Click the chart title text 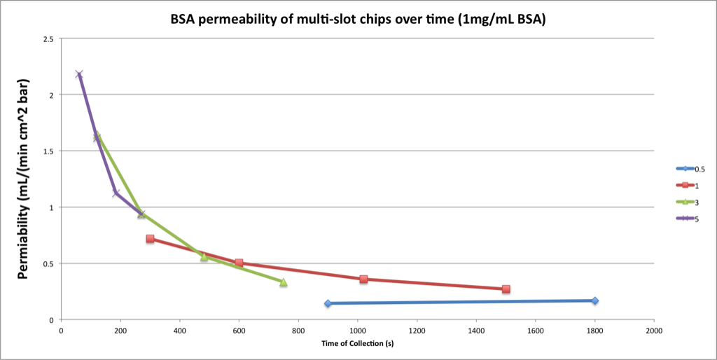(358, 19)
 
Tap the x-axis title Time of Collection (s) (357, 343)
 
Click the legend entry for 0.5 (690, 168)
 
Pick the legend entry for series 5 (690, 219)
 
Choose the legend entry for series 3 (690, 202)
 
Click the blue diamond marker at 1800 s (594, 300)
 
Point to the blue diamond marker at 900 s (328, 303)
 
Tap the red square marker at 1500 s (506, 289)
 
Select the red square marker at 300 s (150, 239)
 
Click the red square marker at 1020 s (363, 279)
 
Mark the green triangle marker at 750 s (283, 282)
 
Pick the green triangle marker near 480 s (204, 257)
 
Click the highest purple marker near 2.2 (79, 74)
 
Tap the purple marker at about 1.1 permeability (116, 193)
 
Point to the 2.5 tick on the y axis (48, 39)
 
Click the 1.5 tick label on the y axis (48, 151)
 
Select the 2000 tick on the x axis (654, 330)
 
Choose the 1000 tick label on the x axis (357, 330)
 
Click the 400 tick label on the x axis (179, 330)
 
